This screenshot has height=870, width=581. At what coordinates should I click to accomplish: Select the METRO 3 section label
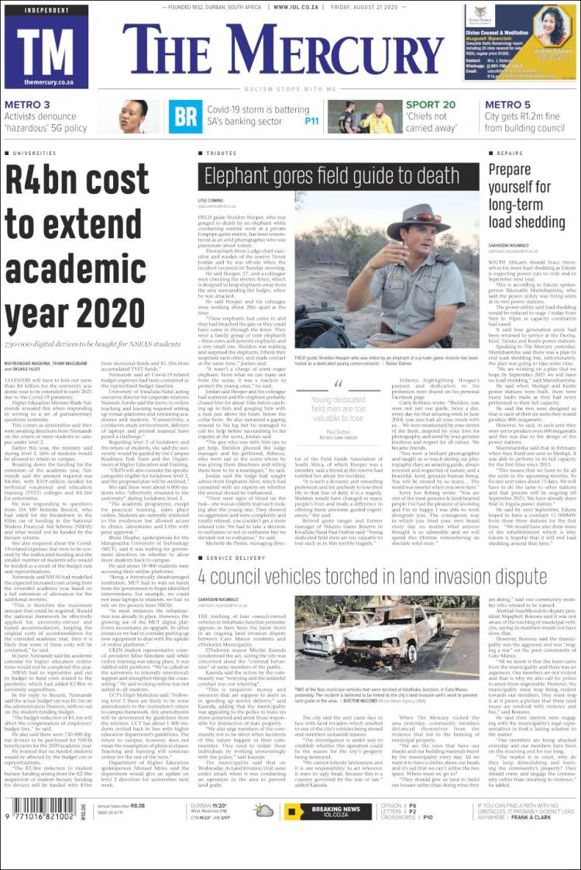tap(27, 105)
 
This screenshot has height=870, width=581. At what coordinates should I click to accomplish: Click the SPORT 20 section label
tap(431, 105)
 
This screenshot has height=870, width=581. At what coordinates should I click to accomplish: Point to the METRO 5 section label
tap(508, 105)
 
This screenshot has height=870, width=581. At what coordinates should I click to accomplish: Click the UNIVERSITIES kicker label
tap(34, 154)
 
